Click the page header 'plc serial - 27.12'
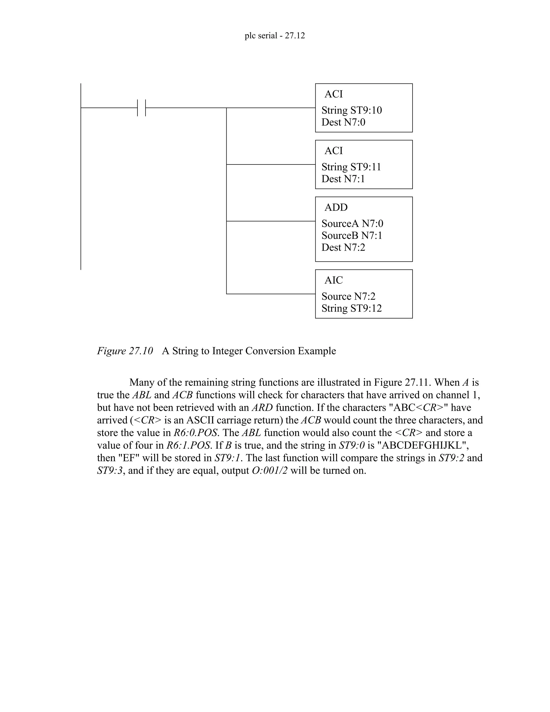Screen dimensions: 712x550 [x=275, y=35]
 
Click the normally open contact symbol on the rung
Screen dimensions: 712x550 [x=142, y=107]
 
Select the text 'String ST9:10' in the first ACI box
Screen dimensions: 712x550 [x=352, y=110]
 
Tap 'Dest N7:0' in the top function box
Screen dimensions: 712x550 [x=343, y=122]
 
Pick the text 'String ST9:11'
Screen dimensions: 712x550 [x=351, y=167]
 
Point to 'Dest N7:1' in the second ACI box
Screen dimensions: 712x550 [x=343, y=179]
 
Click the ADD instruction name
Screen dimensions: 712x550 [x=336, y=207]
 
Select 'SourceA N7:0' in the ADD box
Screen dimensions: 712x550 [x=352, y=224]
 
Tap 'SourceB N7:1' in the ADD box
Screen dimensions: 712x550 [x=352, y=235]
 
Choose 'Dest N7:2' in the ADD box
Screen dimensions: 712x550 [x=343, y=247]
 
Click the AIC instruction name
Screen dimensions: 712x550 [x=334, y=280]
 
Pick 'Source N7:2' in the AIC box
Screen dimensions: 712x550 [x=348, y=296]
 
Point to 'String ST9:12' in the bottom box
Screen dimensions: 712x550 [x=352, y=308]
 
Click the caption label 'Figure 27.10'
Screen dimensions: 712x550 [x=125, y=351]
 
